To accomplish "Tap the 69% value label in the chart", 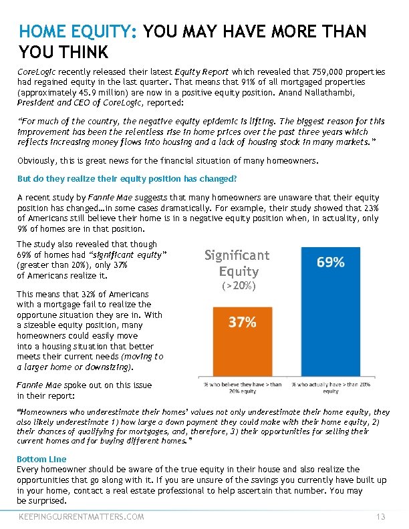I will pyautogui.click(x=330, y=262).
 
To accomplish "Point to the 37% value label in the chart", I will pyautogui.click(x=242, y=322).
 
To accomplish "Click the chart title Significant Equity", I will pyautogui.click(x=237, y=262).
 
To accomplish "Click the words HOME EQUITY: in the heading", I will pyautogui.click(x=78, y=31).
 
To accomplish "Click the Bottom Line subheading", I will pyautogui.click(x=41, y=460).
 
